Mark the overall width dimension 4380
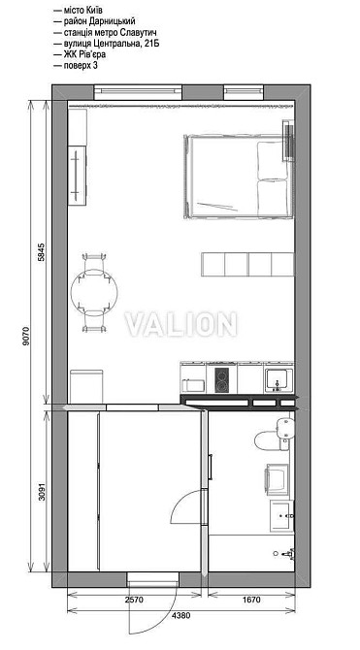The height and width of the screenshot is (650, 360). click(x=181, y=615)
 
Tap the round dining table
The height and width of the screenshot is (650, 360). click(x=94, y=290)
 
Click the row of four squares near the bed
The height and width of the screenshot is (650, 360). click(x=246, y=263)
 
